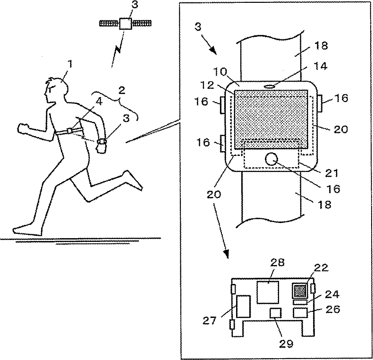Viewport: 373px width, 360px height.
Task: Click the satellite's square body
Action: pyautogui.click(x=125, y=24)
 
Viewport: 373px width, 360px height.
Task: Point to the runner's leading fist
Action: pyautogui.click(x=22, y=129)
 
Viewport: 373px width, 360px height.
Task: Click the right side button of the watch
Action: pyautogui.click(x=319, y=103)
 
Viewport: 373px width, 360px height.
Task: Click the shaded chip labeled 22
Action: pyautogui.click(x=299, y=290)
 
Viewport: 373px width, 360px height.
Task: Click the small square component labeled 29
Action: pyautogui.click(x=275, y=313)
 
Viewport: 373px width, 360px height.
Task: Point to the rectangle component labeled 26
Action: pyautogui.click(x=300, y=312)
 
